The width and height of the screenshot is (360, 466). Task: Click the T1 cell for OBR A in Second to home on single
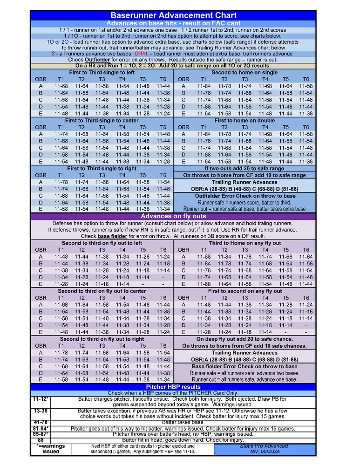(204, 86)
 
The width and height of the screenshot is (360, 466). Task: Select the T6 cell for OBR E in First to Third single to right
(163, 209)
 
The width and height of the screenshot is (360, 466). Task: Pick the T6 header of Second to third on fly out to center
(163, 298)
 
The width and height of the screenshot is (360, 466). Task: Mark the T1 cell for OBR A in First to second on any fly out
(204, 305)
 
